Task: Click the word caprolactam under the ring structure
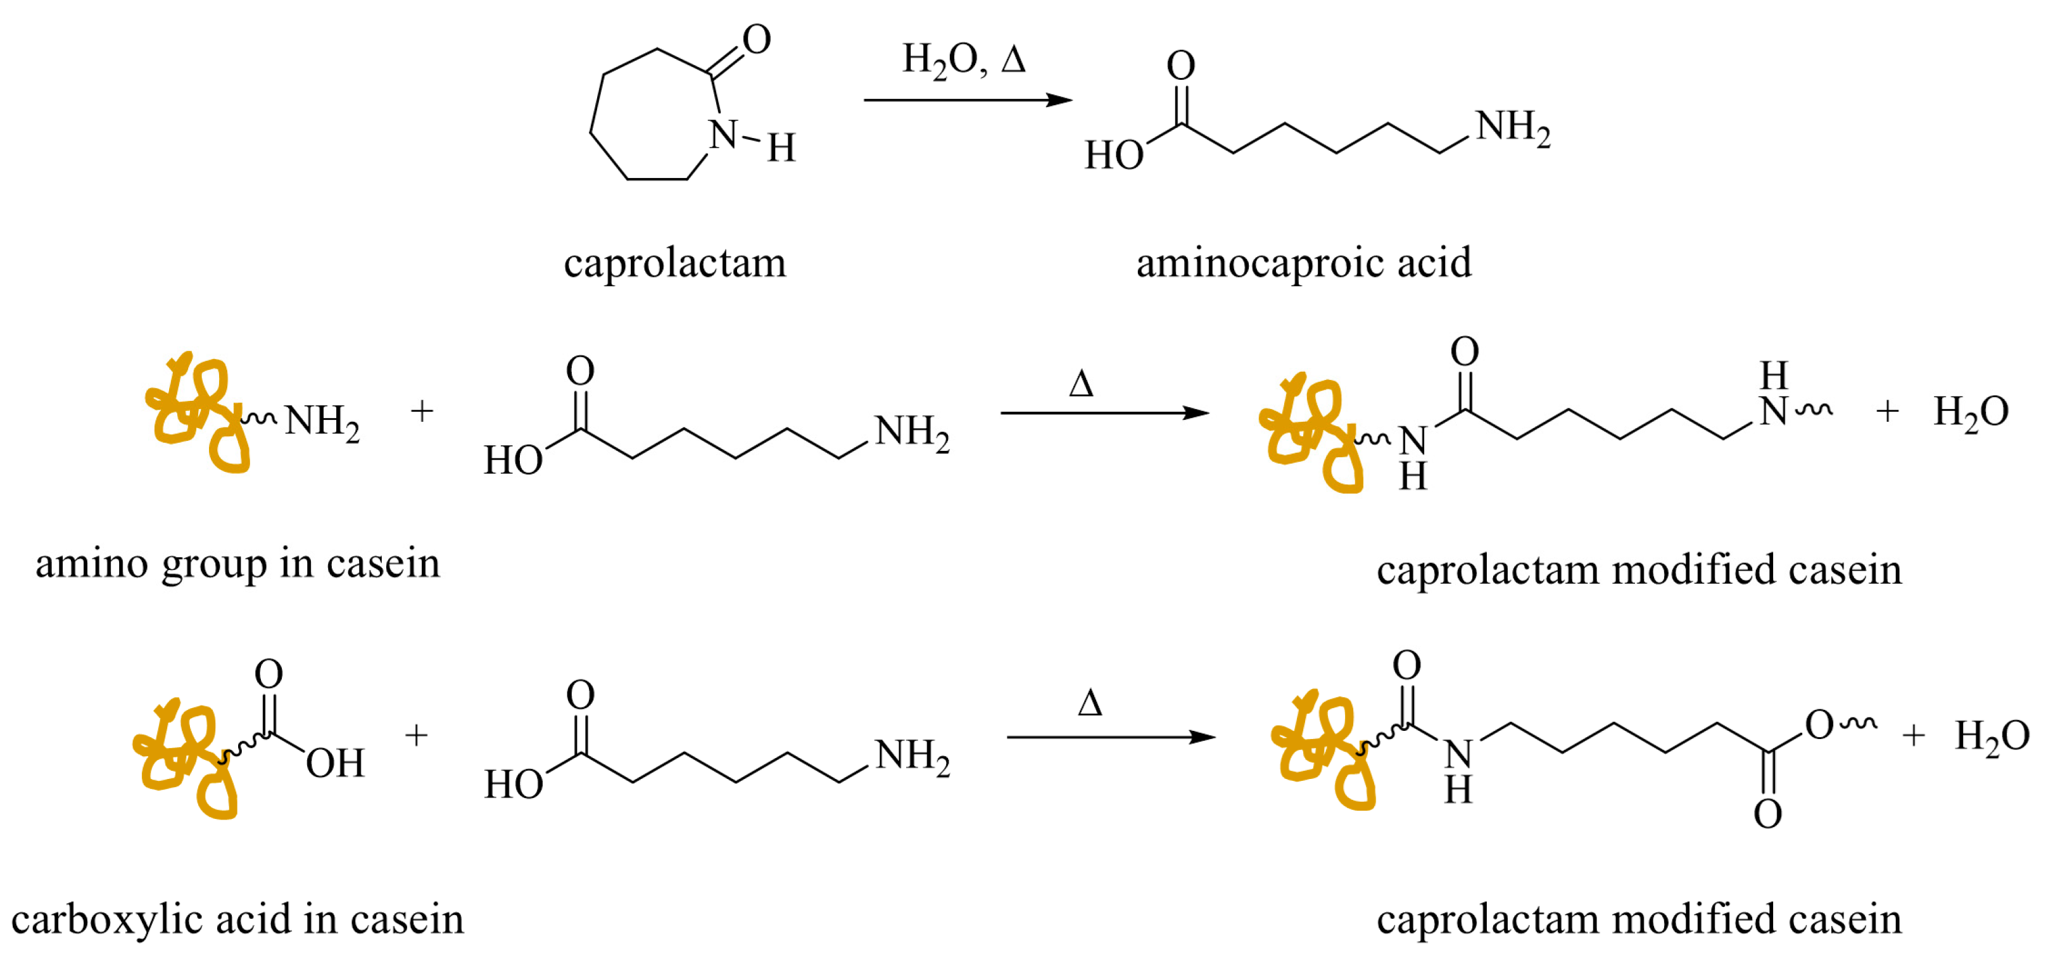pos(674,263)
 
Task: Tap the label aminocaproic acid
pos(1303,263)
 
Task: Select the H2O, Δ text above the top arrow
pos(963,60)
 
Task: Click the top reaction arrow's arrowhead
pos(1059,100)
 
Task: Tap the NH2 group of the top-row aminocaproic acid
pos(1512,127)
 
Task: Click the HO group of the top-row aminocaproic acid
pos(1113,155)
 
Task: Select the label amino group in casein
pos(237,564)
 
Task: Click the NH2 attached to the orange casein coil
pos(322,421)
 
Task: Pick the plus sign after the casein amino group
pos(422,412)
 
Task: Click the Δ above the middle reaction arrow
pos(1081,384)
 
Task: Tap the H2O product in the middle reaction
pos(1971,412)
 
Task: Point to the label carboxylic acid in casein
pos(237,920)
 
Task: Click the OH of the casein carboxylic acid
pos(334,763)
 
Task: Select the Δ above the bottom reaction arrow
pos(1090,704)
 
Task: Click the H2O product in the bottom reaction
pos(1991,736)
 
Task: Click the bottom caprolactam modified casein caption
pos(1639,920)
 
